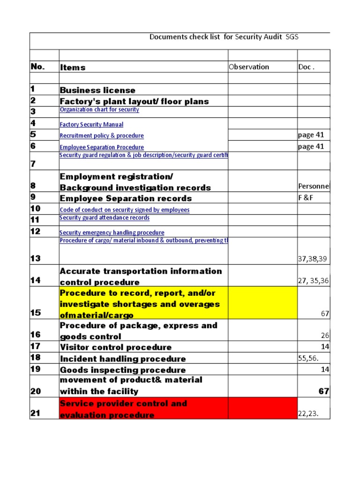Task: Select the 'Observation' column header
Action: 249,67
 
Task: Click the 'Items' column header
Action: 73,67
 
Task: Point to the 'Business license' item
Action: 97,90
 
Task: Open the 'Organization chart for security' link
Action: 99,110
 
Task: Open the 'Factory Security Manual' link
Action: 92,125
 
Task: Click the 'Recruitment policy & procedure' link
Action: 102,136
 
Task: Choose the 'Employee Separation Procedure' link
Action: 102,147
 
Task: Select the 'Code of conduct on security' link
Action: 125,210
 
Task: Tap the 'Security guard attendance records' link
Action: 105,217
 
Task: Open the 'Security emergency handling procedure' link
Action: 112,232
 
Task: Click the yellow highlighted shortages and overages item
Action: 140,304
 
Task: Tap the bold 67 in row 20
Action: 324,391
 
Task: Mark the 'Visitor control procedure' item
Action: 115,347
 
